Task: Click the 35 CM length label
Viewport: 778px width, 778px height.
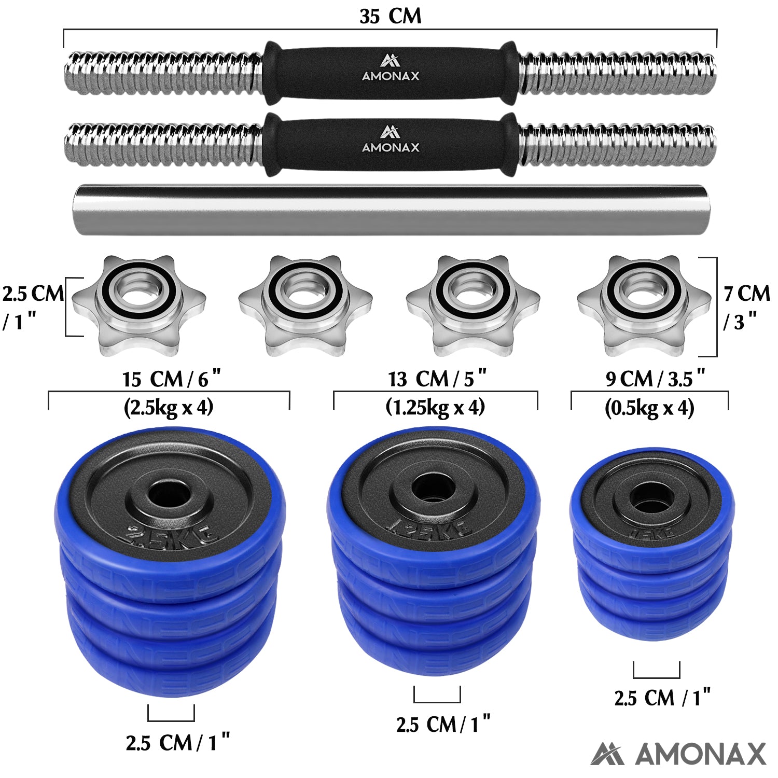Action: click(390, 16)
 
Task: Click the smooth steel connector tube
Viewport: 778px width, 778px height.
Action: click(390, 210)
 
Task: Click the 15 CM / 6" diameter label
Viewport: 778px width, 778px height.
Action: click(171, 379)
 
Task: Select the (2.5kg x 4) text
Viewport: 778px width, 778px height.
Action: click(169, 408)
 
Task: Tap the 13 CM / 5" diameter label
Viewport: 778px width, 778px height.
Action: click(437, 379)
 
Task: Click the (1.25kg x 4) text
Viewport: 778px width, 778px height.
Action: click(435, 408)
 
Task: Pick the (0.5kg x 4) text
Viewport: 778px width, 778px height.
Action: click(649, 408)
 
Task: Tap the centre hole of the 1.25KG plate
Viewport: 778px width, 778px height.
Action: click(434, 489)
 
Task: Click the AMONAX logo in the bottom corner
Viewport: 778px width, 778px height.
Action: click(678, 754)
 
